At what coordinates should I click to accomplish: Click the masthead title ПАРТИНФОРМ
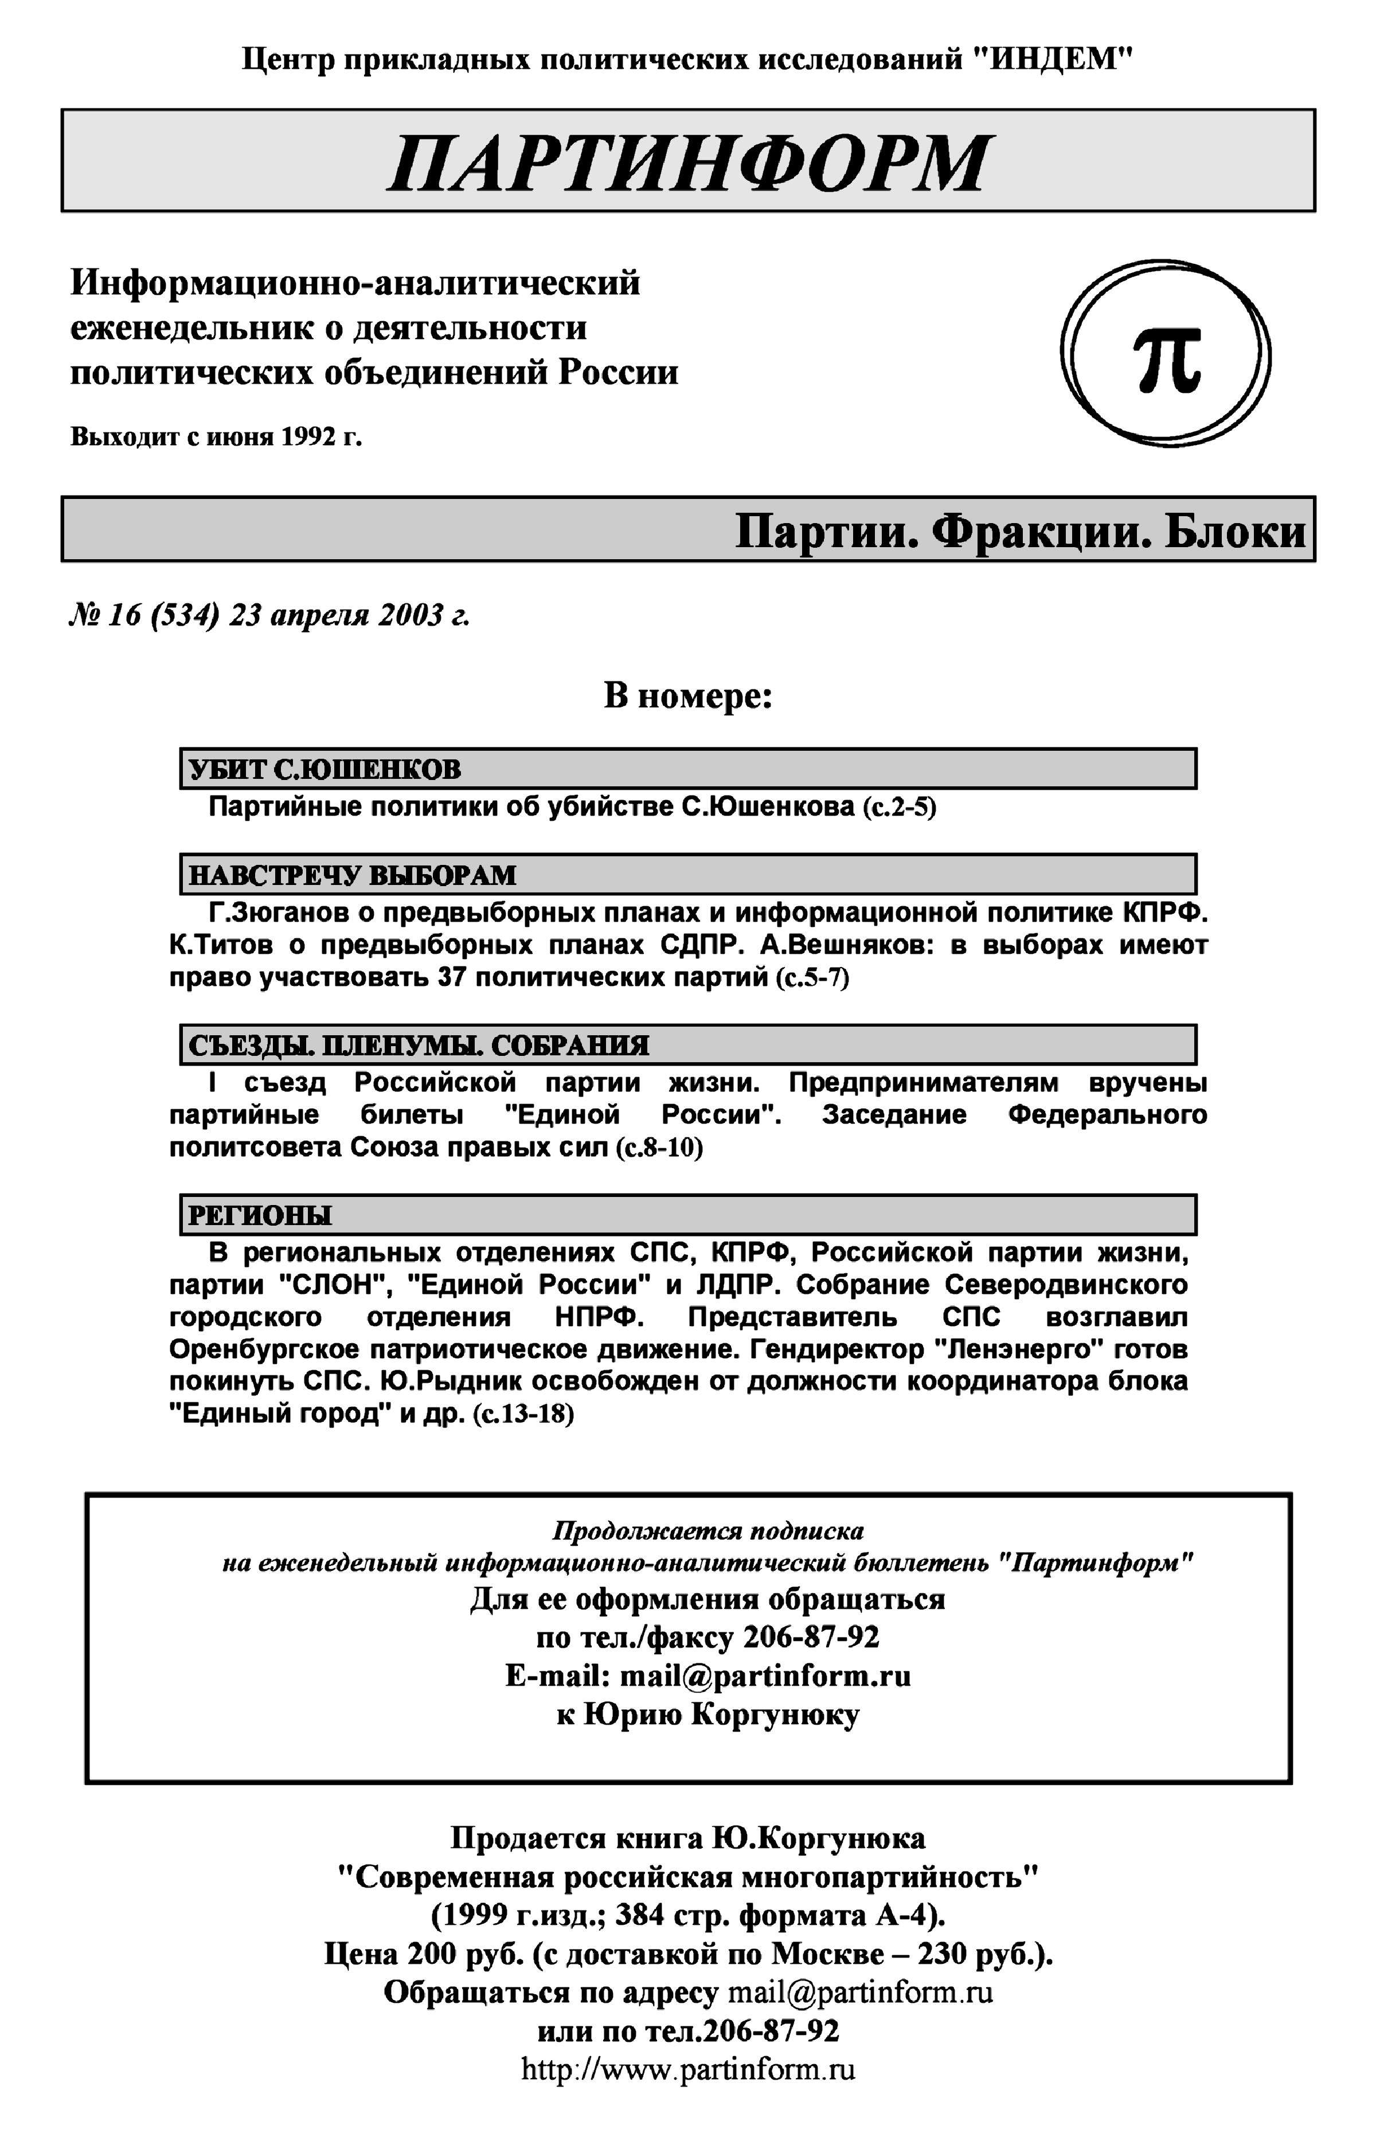pyautogui.click(x=688, y=163)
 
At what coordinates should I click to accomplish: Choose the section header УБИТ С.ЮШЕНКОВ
pyautogui.click(x=325, y=769)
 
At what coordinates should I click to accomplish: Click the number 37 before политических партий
pyautogui.click(x=453, y=977)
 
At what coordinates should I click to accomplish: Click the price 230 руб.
pyautogui.click(x=986, y=1954)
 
